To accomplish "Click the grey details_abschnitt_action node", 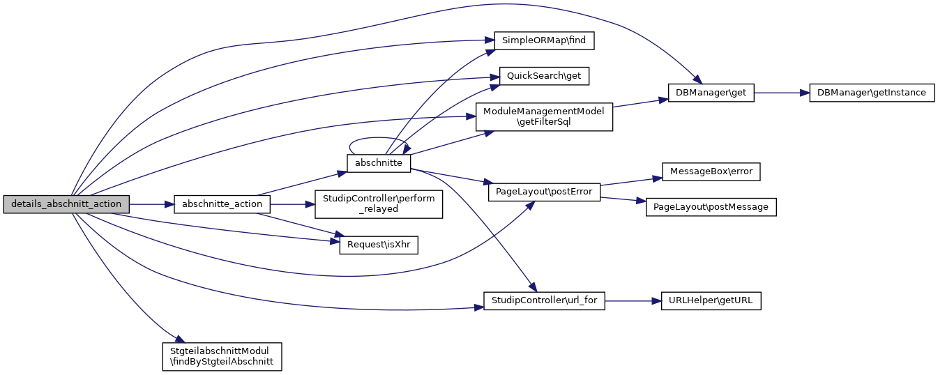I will coord(66,204).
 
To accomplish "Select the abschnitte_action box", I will coord(222,204).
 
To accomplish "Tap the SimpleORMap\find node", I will coord(544,40).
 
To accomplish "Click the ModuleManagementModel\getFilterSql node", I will coord(544,116).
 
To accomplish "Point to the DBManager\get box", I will coord(711,93).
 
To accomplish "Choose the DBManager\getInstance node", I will coord(871,93).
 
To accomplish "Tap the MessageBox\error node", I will coord(711,171).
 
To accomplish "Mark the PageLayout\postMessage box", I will coord(711,206).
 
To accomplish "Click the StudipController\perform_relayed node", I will coord(379,204).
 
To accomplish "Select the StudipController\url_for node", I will coord(544,301).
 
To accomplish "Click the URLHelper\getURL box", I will coord(711,301).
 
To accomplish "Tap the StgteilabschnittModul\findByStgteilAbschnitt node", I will coord(221,355).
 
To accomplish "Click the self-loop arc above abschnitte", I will coord(378,139).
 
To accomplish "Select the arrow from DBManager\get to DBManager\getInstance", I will coord(781,93).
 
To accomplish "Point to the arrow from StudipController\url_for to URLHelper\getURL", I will coord(628,301).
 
